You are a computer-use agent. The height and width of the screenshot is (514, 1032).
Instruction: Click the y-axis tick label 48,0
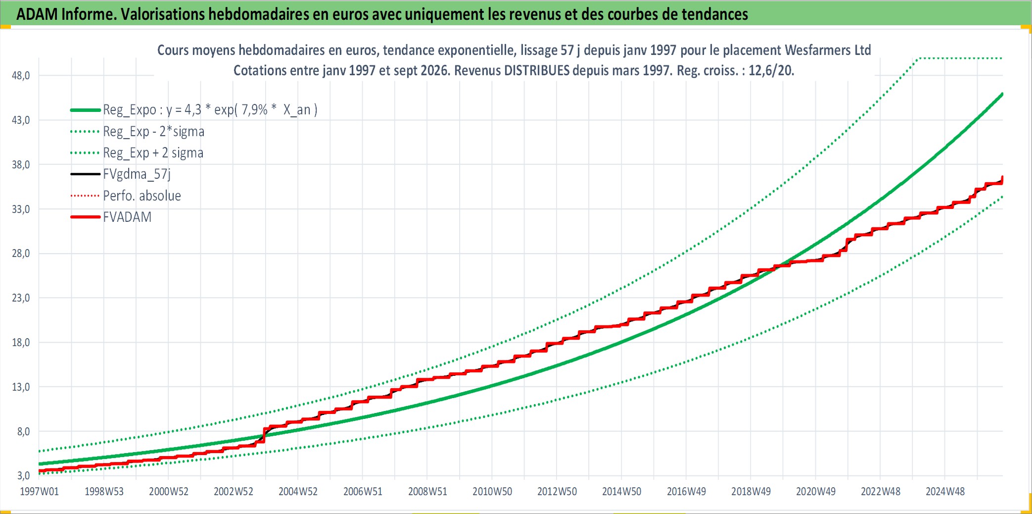(20, 76)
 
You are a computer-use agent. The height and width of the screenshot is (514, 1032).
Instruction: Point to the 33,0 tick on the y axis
(20, 209)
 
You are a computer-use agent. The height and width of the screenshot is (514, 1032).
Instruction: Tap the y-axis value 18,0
(20, 343)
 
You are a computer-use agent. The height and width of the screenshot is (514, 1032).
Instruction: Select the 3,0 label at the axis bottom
(23, 476)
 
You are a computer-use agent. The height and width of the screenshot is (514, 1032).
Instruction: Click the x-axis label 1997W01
(39, 492)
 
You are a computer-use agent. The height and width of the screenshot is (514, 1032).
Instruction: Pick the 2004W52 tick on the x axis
(298, 492)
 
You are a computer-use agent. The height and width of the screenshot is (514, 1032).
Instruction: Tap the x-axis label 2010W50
(492, 492)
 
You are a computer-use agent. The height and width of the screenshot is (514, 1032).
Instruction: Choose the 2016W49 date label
(686, 492)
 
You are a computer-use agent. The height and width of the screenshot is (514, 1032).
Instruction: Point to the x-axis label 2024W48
(945, 492)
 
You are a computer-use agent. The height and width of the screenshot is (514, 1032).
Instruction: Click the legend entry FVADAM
(127, 217)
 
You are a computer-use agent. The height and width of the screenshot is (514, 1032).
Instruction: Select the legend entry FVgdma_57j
(137, 174)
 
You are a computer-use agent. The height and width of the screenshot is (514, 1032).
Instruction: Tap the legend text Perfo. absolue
(142, 196)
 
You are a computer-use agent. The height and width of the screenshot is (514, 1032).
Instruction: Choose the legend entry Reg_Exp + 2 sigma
(153, 153)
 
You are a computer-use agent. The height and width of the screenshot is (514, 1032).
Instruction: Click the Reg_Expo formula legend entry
(210, 110)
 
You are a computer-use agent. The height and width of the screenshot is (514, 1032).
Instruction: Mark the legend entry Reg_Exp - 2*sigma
(153, 132)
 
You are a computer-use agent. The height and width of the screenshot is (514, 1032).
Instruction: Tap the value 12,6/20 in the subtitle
(771, 70)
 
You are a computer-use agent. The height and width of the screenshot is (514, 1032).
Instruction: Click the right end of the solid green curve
(1002, 94)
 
